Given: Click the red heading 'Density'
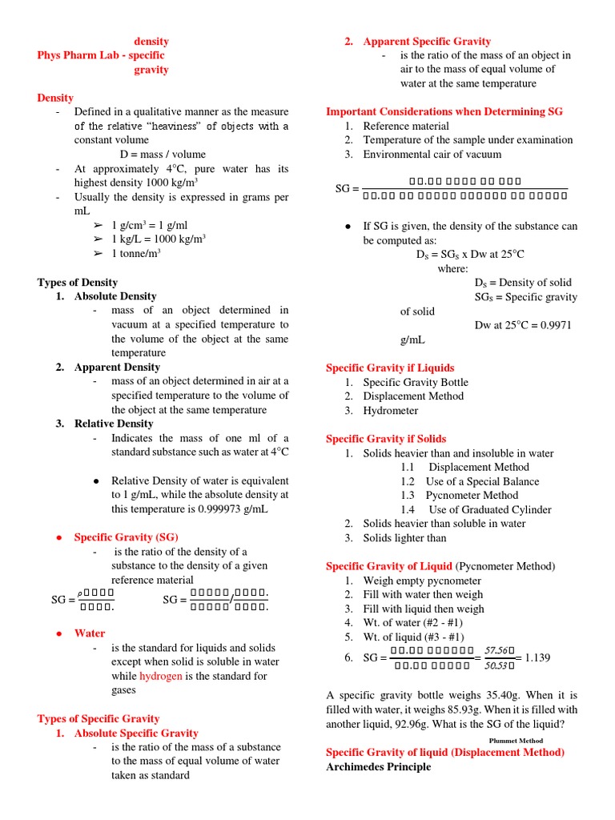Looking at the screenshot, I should coord(55,98).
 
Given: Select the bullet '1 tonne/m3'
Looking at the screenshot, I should coord(136,254).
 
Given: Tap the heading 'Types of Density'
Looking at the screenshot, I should coord(78,283).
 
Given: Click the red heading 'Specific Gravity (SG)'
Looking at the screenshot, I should coord(127,537).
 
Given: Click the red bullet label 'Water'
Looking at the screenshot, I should coord(90,633).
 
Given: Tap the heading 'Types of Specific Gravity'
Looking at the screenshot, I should coord(98,719).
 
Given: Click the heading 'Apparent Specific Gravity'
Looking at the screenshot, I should coord(427,42).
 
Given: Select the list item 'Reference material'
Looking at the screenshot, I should coord(406,127).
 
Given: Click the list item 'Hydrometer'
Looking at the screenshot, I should coord(391,411).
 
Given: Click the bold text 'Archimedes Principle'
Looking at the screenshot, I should coord(378,767).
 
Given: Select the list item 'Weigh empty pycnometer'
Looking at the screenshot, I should coord(422,581).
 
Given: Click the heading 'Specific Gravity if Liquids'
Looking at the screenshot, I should coord(390,368).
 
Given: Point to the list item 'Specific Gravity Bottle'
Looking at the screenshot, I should coord(416,383).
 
